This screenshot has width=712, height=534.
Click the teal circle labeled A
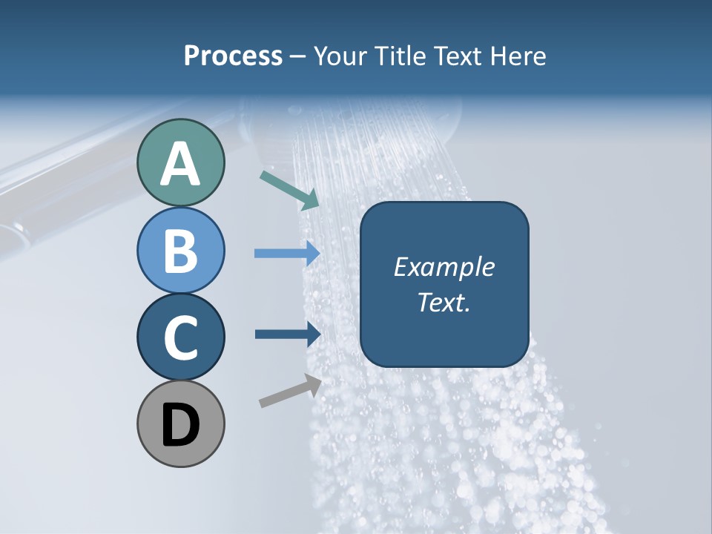tap(180, 162)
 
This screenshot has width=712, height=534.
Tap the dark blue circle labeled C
tap(180, 337)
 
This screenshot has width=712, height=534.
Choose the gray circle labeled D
tap(180, 423)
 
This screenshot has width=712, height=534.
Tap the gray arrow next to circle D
tap(290, 391)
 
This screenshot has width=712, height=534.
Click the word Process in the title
tap(233, 56)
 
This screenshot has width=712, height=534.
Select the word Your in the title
tap(338, 56)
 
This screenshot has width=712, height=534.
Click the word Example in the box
tap(444, 267)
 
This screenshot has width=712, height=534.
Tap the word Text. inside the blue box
tap(444, 302)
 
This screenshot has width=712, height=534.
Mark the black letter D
tap(180, 425)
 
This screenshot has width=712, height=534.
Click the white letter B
tap(180, 251)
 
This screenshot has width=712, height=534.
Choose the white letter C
tap(180, 338)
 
